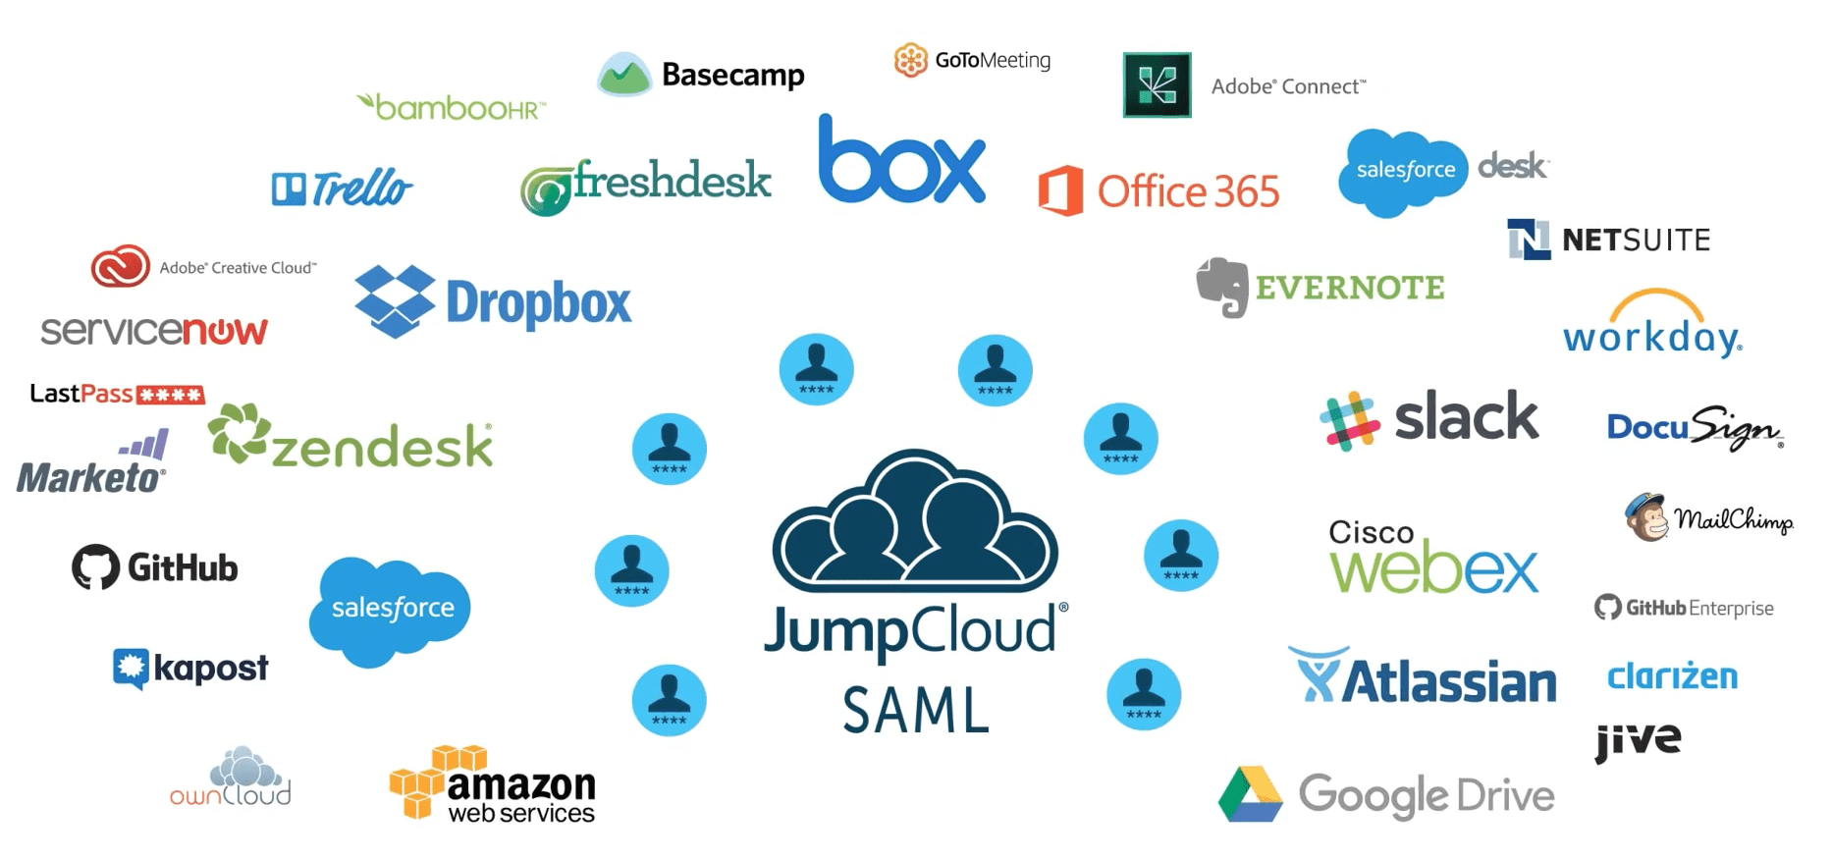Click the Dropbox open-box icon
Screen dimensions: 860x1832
tap(395, 300)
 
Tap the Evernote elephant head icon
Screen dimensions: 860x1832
tap(1222, 287)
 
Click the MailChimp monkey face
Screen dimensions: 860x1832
tap(1647, 517)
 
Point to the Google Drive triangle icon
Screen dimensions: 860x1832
tap(1250, 794)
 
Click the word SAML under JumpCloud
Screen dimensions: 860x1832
tap(916, 711)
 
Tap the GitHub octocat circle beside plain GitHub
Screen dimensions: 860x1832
tap(95, 567)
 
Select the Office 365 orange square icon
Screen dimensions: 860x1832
tap(1061, 190)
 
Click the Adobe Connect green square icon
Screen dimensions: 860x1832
tap(1157, 85)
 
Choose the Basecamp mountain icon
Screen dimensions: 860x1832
tap(624, 75)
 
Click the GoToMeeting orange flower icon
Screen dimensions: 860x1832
tap(910, 60)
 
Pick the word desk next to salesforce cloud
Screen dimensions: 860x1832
tap(1512, 165)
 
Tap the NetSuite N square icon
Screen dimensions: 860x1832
tap(1529, 239)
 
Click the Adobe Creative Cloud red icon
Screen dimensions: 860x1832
tap(120, 266)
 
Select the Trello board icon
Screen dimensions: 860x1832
tap(289, 188)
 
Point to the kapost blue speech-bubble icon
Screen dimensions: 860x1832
tap(131, 669)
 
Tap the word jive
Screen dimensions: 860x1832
tap(1638, 740)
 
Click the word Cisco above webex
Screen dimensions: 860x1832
tap(1371, 532)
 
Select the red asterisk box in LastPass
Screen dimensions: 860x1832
tap(170, 395)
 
